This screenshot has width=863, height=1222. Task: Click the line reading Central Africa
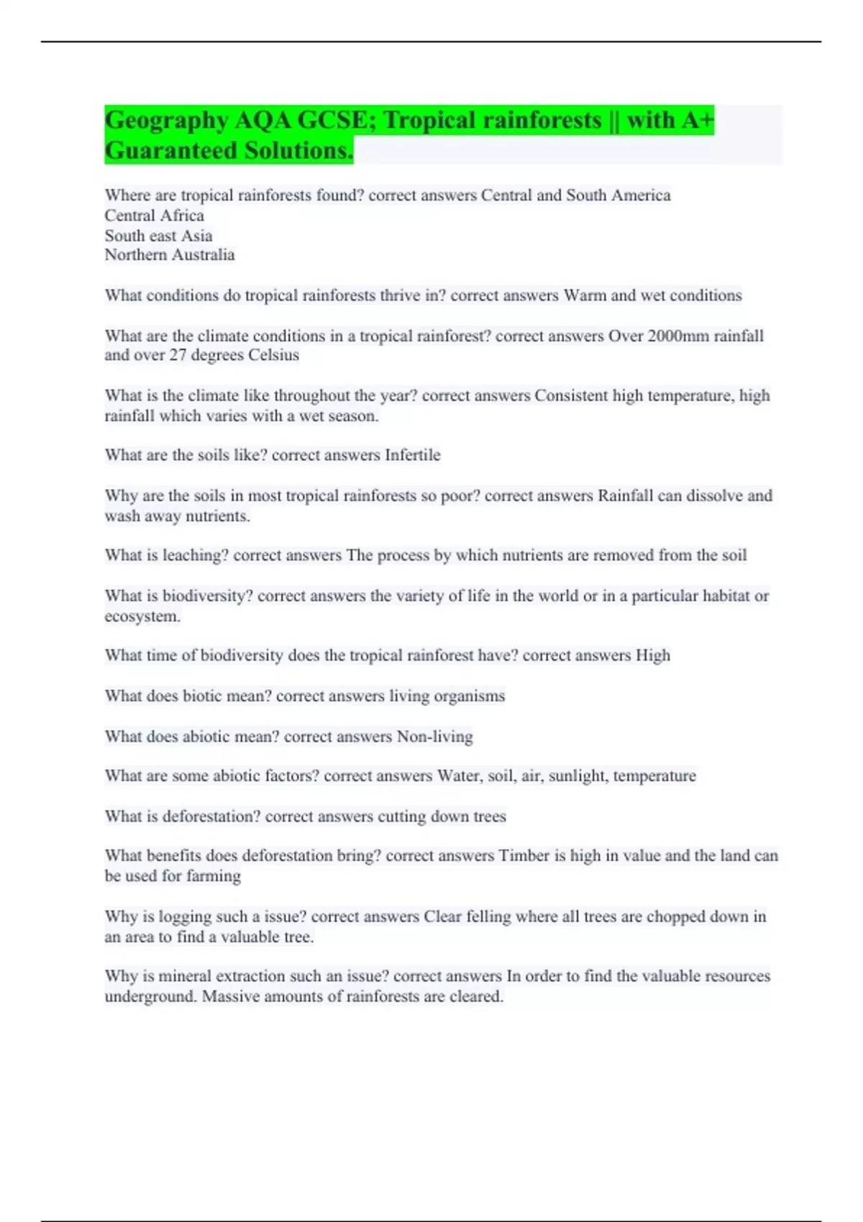[x=154, y=216]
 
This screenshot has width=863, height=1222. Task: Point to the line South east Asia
[x=158, y=236]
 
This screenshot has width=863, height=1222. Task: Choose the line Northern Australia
[x=169, y=255]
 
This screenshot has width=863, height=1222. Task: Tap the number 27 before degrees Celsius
[x=178, y=355]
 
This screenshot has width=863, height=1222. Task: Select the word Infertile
[x=412, y=455]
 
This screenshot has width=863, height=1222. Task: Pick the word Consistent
[x=571, y=396]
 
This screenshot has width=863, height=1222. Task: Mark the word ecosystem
[x=142, y=617]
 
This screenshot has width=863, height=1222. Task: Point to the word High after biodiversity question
[x=652, y=656]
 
